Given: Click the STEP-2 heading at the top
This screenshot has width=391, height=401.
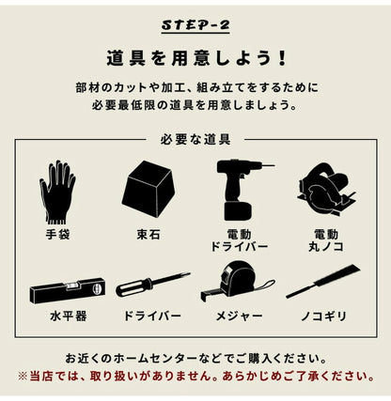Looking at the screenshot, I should click(x=195, y=22).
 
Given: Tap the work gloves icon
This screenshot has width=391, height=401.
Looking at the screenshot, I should click(x=57, y=191).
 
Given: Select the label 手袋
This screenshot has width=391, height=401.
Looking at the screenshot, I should click(x=57, y=231).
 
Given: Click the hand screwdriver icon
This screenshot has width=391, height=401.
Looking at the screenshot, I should click(x=152, y=285).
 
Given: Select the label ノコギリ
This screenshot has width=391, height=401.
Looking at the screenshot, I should click(x=323, y=316).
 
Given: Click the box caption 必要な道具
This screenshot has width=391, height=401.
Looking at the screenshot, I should click(x=195, y=140).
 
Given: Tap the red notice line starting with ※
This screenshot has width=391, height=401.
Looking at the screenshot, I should click(x=195, y=376).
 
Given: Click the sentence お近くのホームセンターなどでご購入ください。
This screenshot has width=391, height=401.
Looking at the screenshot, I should click(x=195, y=359).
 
